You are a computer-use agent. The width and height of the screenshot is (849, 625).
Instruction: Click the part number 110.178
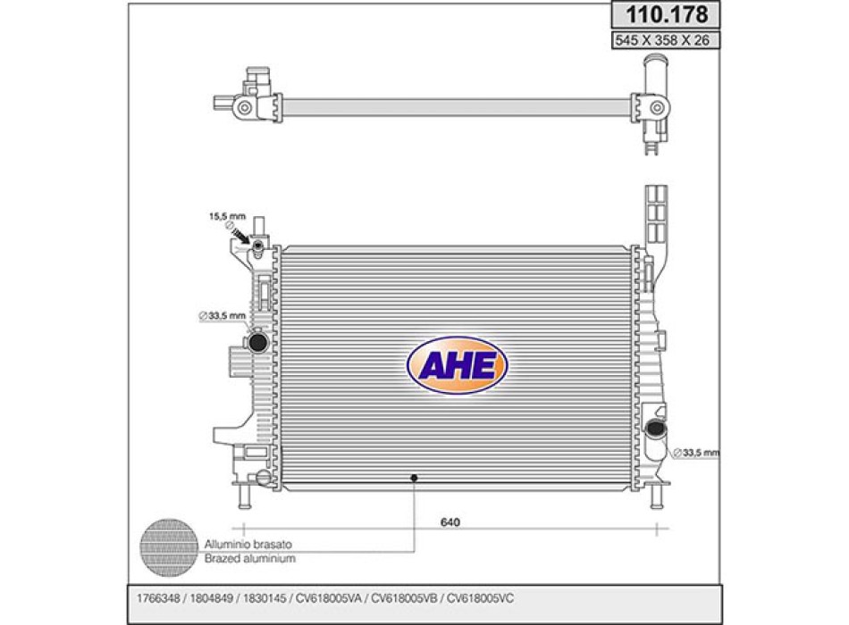(667, 14)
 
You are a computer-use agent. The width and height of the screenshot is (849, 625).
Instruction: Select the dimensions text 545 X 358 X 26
(662, 40)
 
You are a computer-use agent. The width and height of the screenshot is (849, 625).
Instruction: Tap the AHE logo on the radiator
(457, 365)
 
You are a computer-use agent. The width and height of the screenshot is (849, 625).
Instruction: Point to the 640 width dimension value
(450, 522)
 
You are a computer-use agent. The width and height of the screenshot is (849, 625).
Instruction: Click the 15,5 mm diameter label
(227, 216)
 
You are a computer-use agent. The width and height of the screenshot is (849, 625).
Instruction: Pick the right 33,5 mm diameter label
(696, 453)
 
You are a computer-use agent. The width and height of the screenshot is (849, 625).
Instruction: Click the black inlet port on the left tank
(257, 342)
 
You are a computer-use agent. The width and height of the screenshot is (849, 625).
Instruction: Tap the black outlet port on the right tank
(657, 429)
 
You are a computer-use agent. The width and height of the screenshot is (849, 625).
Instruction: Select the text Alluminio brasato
(248, 545)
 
